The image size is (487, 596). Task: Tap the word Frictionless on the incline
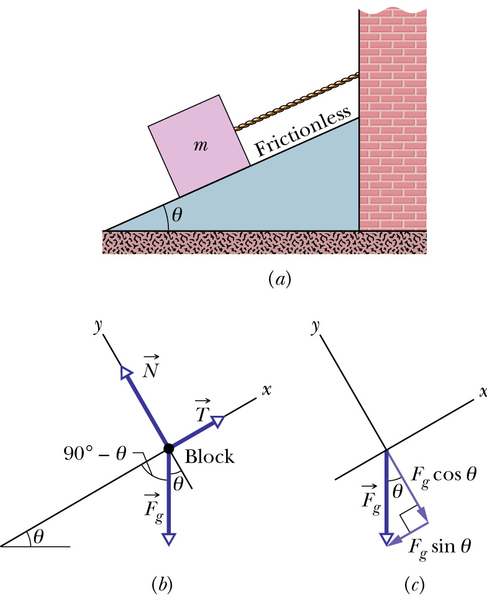(303, 131)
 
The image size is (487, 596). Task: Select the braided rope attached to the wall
(296, 101)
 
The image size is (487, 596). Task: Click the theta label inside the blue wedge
(177, 215)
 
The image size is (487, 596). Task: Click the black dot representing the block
(168, 449)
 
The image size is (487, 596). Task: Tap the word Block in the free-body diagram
(210, 457)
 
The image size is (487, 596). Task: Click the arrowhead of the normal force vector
(126, 372)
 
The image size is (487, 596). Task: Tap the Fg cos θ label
(444, 475)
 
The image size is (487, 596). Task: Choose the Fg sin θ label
(439, 547)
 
